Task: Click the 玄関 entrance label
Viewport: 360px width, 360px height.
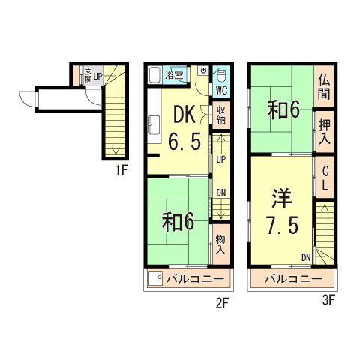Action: pyautogui.click(x=87, y=76)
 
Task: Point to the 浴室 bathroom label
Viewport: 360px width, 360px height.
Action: pyautogui.click(x=175, y=75)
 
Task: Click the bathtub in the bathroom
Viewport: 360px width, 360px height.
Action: pyautogui.click(x=154, y=75)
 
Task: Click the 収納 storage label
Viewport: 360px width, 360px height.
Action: pyautogui.click(x=221, y=114)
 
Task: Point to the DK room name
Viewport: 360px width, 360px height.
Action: pyautogui.click(x=185, y=113)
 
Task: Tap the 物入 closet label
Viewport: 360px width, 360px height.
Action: pyautogui.click(x=220, y=245)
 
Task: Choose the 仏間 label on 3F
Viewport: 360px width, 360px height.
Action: pyautogui.click(x=323, y=88)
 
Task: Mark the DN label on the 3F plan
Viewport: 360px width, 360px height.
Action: pyautogui.click(x=306, y=258)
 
